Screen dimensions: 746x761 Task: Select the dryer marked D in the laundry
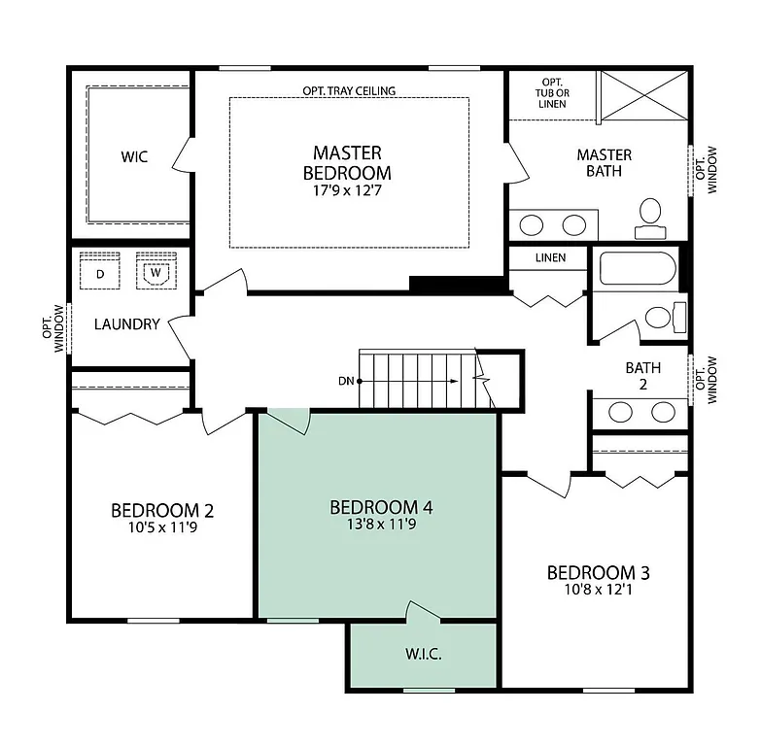tap(100, 273)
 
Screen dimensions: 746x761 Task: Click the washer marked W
tap(154, 272)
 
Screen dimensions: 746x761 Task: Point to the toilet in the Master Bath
tap(649, 217)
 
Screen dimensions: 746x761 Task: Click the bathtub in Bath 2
tap(637, 270)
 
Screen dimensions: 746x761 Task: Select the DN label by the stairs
tap(345, 381)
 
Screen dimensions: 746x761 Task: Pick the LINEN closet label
tap(550, 258)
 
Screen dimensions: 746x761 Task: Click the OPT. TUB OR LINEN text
tap(552, 93)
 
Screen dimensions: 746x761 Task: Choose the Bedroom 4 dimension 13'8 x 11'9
tap(380, 525)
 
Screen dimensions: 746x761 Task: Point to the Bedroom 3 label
tap(598, 572)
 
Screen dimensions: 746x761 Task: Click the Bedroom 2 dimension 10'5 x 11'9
tap(162, 528)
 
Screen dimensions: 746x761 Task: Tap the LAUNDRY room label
tap(126, 324)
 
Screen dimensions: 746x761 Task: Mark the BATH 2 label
tap(642, 376)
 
